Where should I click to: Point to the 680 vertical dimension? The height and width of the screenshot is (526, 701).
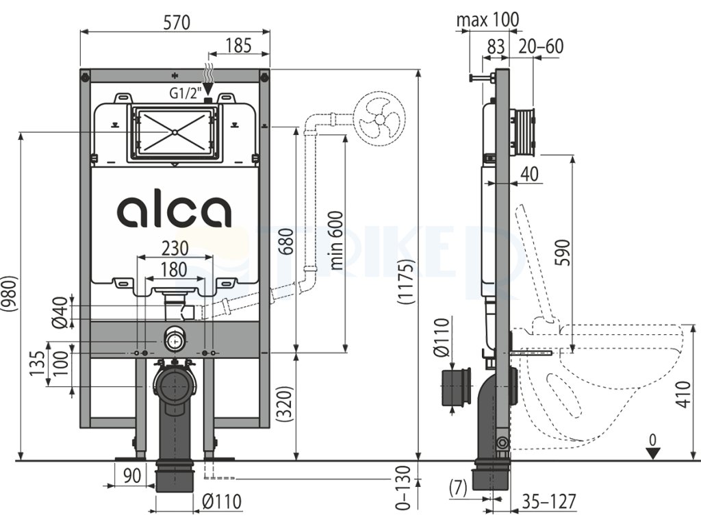(x=288, y=241)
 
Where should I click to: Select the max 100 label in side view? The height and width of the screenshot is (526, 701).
(x=488, y=19)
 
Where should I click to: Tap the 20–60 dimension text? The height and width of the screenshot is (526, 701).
(x=541, y=47)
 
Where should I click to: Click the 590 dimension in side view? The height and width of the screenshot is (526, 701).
(x=563, y=253)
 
